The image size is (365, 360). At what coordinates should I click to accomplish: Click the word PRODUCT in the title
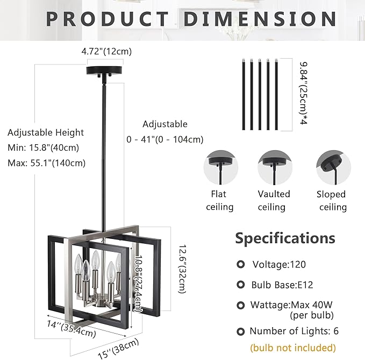coord(107,19)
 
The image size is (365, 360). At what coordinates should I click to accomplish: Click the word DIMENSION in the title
coord(261,19)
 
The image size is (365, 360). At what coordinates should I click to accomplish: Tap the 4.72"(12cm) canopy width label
coord(106,52)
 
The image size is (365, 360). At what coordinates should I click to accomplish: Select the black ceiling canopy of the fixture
coord(105,71)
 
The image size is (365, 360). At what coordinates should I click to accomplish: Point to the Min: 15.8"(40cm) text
coord(44,147)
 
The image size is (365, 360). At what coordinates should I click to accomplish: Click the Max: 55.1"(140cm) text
coord(46,163)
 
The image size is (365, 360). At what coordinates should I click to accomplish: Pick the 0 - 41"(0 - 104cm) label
coord(165,139)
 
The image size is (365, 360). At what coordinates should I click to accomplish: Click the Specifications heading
coord(285,238)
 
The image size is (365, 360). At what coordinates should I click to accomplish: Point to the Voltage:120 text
coord(279,264)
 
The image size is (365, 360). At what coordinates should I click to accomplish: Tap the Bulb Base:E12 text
coord(280,285)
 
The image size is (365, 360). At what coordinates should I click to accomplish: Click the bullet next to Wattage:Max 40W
coord(240,305)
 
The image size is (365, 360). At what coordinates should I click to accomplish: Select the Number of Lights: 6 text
coord(294,331)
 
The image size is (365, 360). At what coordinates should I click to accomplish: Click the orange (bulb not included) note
coord(293,348)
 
